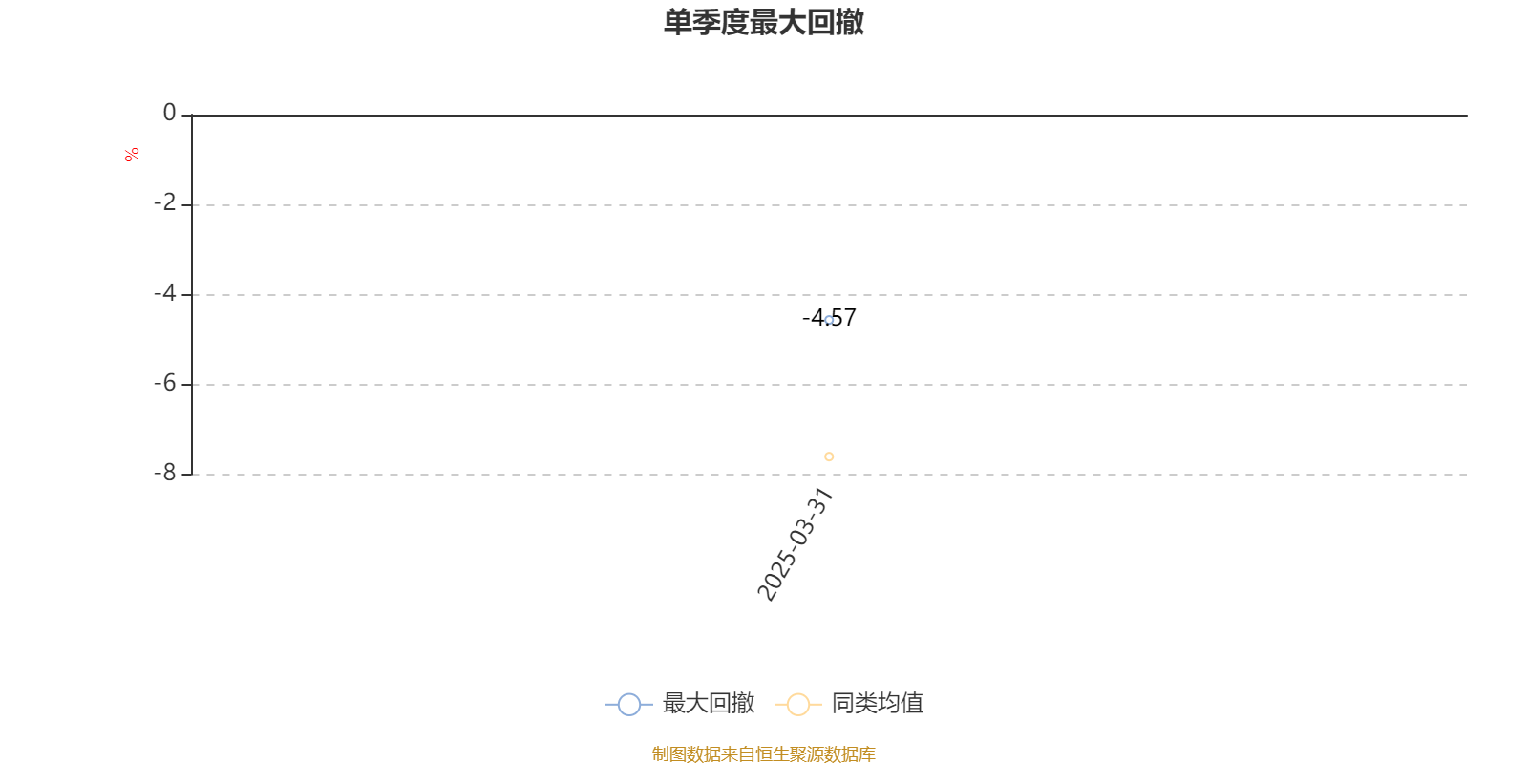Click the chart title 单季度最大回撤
[x=763, y=22]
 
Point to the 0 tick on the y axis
[x=169, y=113]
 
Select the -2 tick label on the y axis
[x=165, y=202]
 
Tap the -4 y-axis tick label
[x=165, y=293]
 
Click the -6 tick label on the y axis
[x=165, y=383]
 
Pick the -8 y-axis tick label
[x=165, y=473]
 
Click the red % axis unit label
[x=132, y=155]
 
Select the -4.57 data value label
[x=829, y=317]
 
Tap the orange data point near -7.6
[x=829, y=456]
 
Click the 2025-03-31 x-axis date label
[x=796, y=544]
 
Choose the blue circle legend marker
[x=629, y=704]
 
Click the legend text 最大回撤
[x=708, y=703]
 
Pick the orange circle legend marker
[x=798, y=704]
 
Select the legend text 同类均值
[x=878, y=703]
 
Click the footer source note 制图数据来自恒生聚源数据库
[x=763, y=753]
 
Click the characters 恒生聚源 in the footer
[x=789, y=753]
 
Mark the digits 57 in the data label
[x=844, y=317]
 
